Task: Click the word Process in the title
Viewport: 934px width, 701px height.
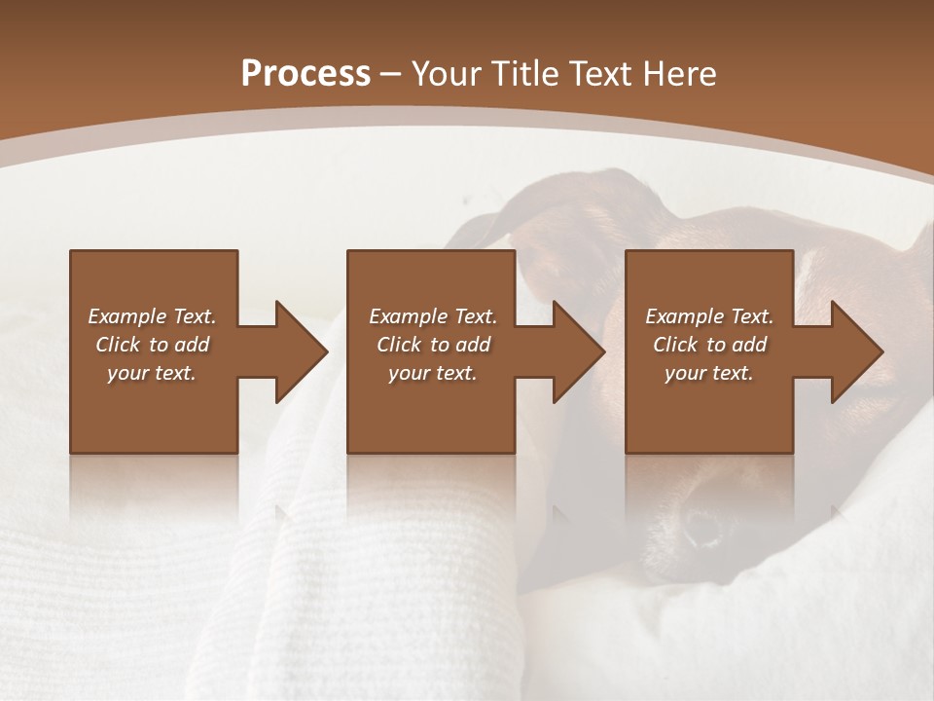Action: tap(305, 74)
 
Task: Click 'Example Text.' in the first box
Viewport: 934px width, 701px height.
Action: tap(152, 316)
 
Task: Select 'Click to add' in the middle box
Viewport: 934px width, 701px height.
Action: tap(433, 345)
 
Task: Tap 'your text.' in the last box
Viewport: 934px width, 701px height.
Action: tap(709, 373)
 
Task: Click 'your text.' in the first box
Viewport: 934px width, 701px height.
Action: tap(152, 373)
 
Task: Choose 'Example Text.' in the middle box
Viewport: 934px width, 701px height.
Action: tap(433, 316)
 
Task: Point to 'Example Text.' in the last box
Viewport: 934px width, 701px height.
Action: tap(709, 316)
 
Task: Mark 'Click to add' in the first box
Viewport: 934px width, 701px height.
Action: tap(152, 345)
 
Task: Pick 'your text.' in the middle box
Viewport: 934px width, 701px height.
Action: tap(433, 373)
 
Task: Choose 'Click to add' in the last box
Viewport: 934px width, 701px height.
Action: tap(709, 345)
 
